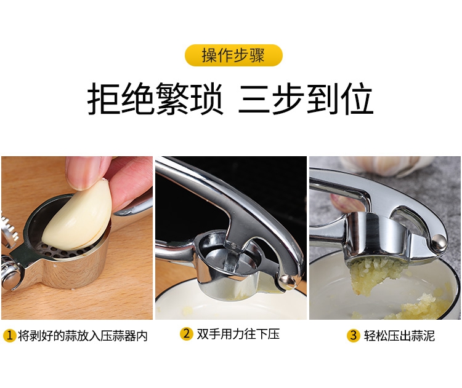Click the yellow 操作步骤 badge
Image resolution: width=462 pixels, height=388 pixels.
pos(233,55)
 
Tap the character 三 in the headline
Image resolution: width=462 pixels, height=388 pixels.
pos(254,98)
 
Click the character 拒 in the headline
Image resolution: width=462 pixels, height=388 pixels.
pos(103,98)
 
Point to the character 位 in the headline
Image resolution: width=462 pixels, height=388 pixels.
pos(357,98)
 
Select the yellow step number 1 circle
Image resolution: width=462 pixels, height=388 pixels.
pos(9,335)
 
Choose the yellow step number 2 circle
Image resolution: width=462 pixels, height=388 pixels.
pos(187,334)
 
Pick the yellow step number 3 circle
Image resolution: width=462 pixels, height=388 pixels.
pos(354,335)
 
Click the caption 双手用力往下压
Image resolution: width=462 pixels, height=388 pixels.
pos(238,334)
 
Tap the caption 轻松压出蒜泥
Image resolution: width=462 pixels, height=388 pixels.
pos(399,336)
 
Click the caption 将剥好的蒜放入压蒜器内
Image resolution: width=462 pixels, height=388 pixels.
pos(83,336)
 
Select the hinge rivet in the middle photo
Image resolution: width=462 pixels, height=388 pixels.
pos(286,280)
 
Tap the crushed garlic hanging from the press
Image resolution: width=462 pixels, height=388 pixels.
pos(374,272)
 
